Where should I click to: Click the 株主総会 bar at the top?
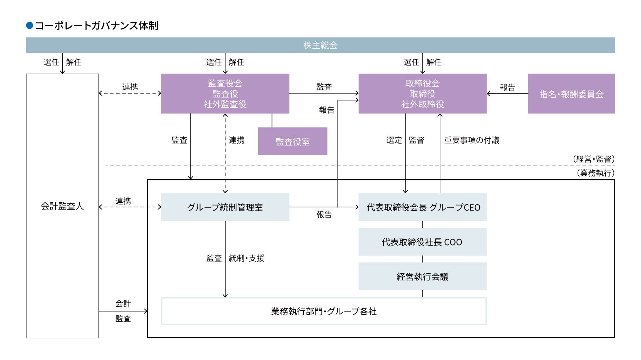[x=320, y=45]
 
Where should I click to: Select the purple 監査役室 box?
[x=292, y=141]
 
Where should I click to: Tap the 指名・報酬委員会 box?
[x=571, y=94]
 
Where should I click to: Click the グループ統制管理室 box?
[x=225, y=207]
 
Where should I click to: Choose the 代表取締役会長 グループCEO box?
[x=422, y=207]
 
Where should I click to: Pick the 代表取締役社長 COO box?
[x=422, y=242]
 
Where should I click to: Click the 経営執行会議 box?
[x=422, y=276]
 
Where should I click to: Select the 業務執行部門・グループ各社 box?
[x=324, y=311]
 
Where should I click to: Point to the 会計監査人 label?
[x=62, y=206]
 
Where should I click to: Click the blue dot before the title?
[x=30, y=26]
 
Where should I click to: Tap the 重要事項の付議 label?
[x=471, y=140]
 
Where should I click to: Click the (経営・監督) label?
[x=593, y=159]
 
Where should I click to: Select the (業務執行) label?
[x=595, y=173]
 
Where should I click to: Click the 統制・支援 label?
[x=247, y=258]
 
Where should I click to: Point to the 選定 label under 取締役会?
[x=394, y=140]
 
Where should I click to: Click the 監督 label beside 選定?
[x=417, y=140]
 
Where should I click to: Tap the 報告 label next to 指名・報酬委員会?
[x=507, y=87]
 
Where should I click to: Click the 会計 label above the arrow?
[x=123, y=303]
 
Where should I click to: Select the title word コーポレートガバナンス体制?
[x=97, y=26]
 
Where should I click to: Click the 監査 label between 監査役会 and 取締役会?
[x=324, y=87]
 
